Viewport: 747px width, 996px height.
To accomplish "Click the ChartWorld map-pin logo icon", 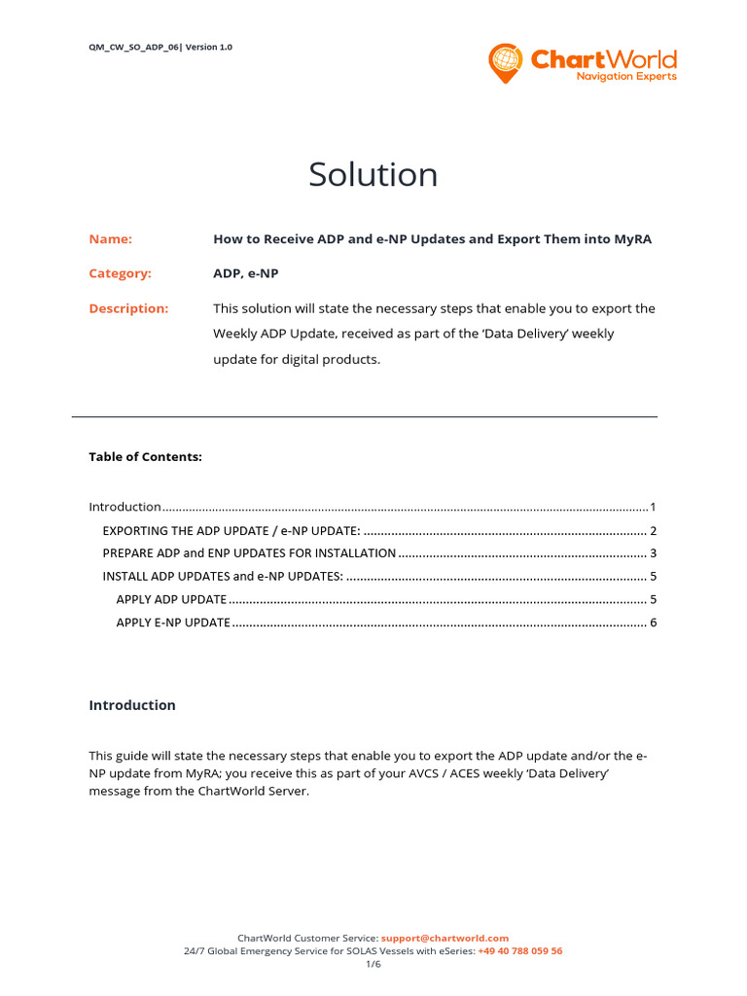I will pyautogui.click(x=505, y=61).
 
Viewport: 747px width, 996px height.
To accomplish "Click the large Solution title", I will pyautogui.click(x=373, y=175).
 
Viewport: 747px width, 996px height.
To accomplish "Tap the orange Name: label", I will pyautogui.click(x=111, y=239).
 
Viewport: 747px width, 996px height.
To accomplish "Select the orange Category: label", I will pyautogui.click(x=121, y=273).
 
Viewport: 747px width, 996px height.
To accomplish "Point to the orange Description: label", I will pyautogui.click(x=128, y=308).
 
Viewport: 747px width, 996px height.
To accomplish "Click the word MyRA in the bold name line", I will pyautogui.click(x=631, y=239).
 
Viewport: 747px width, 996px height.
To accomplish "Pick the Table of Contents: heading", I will pyautogui.click(x=146, y=456).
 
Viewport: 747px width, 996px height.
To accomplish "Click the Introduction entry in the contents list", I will pyautogui.click(x=125, y=507).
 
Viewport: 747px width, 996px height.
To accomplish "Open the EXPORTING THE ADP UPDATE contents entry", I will pyautogui.click(x=231, y=530).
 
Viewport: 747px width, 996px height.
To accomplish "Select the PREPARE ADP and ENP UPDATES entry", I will pyautogui.click(x=249, y=553).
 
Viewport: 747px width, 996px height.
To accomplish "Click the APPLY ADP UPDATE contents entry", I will pyautogui.click(x=171, y=599).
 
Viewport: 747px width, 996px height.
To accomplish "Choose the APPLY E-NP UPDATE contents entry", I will pyautogui.click(x=173, y=622).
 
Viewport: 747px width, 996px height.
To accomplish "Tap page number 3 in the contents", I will pyautogui.click(x=654, y=553).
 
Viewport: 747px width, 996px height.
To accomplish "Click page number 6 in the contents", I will pyautogui.click(x=654, y=622).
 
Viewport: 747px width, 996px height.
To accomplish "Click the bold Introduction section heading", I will pyautogui.click(x=132, y=705).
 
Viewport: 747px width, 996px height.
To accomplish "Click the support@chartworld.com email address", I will pyautogui.click(x=445, y=938).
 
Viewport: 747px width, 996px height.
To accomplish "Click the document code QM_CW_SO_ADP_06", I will pyautogui.click(x=133, y=47).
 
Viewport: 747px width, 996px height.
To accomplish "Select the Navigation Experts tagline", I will pyautogui.click(x=626, y=77).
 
